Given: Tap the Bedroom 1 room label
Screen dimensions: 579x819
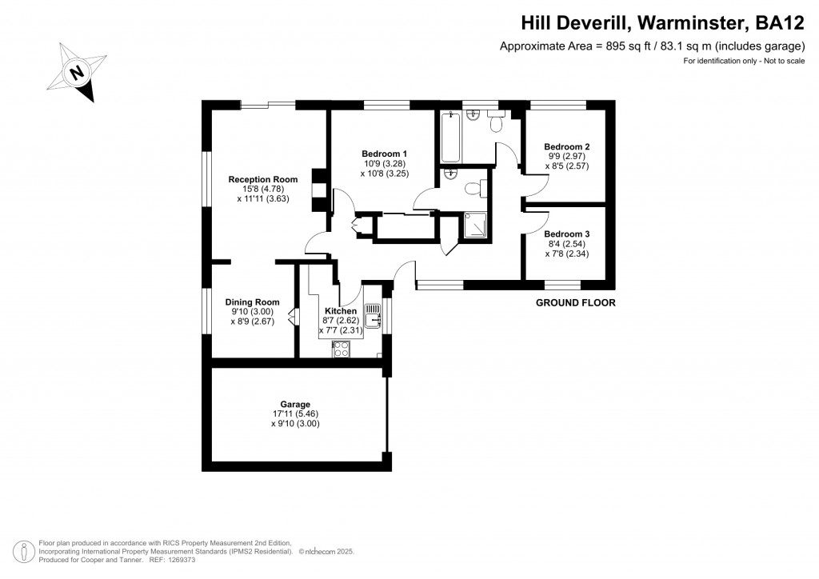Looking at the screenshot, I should [x=384, y=154].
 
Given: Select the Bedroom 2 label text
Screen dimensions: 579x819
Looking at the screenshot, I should [x=566, y=147].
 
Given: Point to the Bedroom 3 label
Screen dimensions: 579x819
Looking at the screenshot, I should [x=566, y=234].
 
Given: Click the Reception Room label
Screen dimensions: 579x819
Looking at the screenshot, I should [x=262, y=179].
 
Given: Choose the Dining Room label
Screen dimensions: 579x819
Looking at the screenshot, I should [x=252, y=302].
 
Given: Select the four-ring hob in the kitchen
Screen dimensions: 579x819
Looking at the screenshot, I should [x=341, y=349].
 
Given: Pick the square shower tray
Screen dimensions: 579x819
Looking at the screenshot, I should [x=475, y=227].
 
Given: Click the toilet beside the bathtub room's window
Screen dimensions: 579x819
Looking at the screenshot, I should [x=494, y=122].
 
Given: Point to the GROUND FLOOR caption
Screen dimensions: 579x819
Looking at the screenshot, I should [x=575, y=303].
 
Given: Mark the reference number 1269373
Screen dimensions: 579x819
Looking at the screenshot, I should [x=179, y=560].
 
